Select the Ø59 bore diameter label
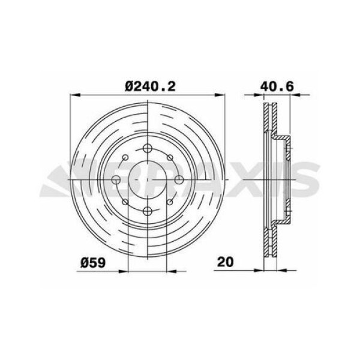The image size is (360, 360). [92, 262]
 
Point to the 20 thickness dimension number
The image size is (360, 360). [226, 262]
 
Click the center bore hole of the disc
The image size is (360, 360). [147, 180]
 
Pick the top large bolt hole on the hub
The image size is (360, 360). [147, 149]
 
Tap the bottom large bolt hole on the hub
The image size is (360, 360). [147, 211]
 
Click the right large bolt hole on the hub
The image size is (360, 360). [178, 180]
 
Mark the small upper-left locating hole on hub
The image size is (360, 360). [125, 158]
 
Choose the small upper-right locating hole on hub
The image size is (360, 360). [169, 158]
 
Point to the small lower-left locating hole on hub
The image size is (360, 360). [125, 202]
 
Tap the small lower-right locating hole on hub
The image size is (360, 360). [169, 202]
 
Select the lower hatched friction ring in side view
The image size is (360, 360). [267, 240]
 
